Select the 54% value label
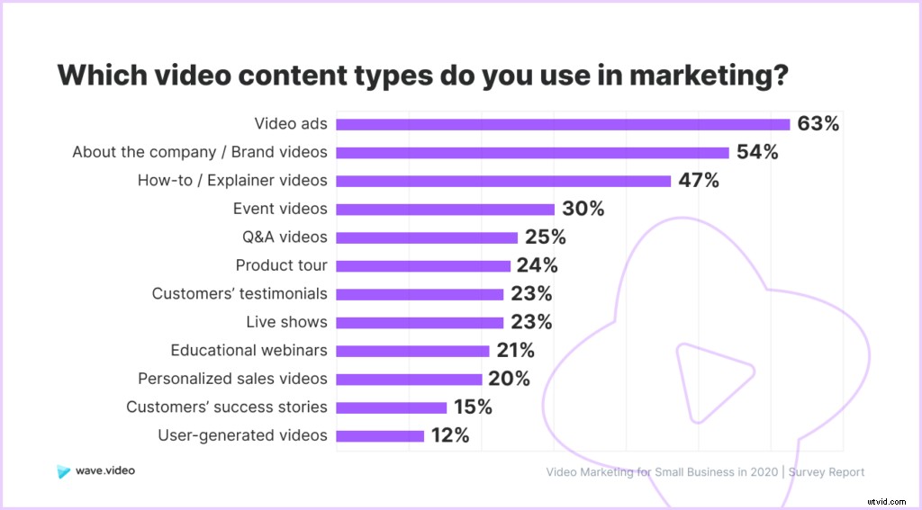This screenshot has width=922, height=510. [756, 152]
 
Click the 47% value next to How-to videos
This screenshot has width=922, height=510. [699, 181]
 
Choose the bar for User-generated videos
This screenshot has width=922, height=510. [379, 435]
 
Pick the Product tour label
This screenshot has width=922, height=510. [281, 265]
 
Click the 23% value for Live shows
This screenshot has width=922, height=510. [531, 322]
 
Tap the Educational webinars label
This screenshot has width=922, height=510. [249, 350]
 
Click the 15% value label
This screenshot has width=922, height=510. [472, 407]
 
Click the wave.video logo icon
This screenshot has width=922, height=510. [62, 471]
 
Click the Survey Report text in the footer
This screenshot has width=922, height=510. [826, 472]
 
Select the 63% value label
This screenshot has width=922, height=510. [818, 124]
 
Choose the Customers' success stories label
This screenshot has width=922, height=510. [227, 407]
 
